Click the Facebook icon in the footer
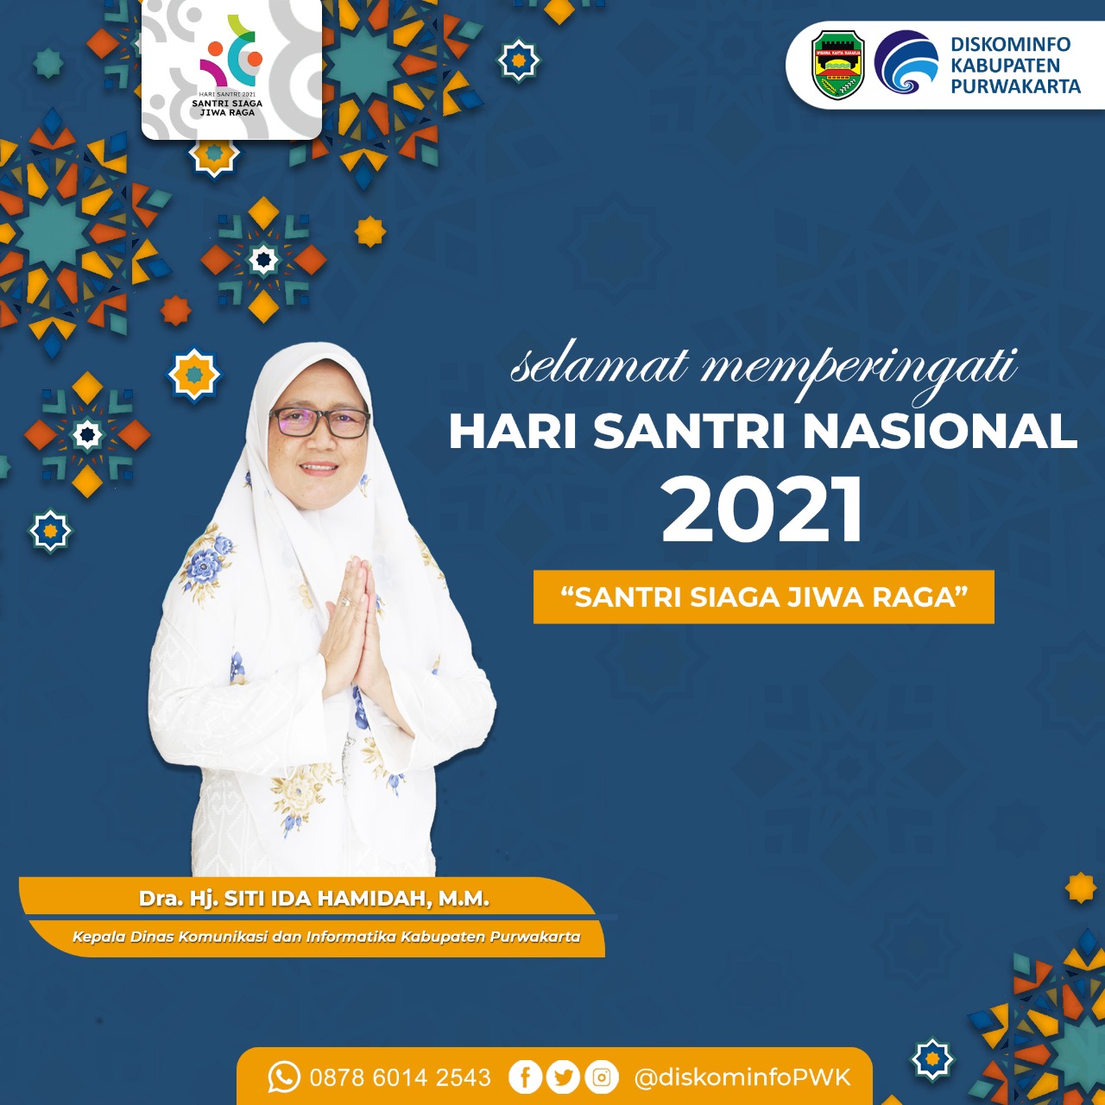coord(525,1077)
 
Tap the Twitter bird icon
coord(563,1077)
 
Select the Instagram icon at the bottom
coord(602,1077)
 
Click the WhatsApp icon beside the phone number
coord(284,1077)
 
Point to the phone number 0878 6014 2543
coord(400,1077)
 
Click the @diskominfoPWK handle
coord(742,1077)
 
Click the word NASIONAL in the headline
coord(940,431)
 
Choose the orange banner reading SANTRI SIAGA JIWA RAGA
coord(764,597)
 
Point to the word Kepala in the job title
coord(98,937)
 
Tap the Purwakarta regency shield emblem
coord(838,65)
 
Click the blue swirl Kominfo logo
coord(906,63)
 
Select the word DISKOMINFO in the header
coord(1010,45)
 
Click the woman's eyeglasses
coord(319,422)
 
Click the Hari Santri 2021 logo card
coord(231,69)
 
